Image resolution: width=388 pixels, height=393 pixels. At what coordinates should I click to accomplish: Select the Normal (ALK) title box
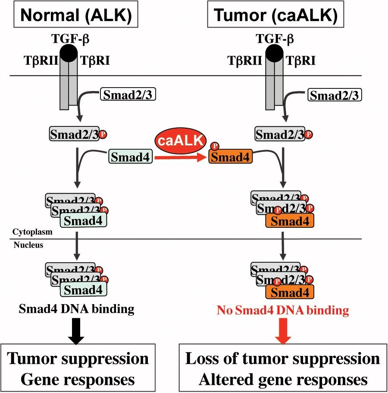tap(76, 15)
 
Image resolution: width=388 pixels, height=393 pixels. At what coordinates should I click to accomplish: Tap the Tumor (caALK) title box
tap(275, 14)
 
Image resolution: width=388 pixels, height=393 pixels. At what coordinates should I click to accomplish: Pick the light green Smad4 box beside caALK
tap(131, 157)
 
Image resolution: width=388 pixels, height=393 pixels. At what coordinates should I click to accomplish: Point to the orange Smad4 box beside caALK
tap(231, 157)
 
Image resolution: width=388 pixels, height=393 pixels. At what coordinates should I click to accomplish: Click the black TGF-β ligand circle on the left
tap(69, 53)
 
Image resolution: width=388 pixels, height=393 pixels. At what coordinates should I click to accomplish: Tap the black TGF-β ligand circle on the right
tap(274, 53)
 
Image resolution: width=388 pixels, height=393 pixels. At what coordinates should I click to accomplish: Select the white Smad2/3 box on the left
tap(128, 94)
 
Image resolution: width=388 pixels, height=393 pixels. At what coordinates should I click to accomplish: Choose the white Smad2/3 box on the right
tap(335, 95)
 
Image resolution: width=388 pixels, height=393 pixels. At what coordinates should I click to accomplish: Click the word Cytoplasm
tap(33, 232)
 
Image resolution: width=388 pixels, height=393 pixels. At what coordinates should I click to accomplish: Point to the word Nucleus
tap(28, 245)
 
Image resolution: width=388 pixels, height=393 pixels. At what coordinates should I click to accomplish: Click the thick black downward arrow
tap(76, 331)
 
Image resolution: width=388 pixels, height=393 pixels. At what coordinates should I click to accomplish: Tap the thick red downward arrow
tap(283, 331)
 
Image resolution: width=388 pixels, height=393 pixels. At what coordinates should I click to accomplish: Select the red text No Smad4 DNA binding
tap(283, 310)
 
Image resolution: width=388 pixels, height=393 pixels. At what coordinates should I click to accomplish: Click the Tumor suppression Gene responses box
tap(78, 368)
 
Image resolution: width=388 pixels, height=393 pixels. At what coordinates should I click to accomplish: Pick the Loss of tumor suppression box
tap(283, 368)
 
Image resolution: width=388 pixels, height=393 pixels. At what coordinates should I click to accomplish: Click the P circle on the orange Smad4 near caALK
tap(215, 146)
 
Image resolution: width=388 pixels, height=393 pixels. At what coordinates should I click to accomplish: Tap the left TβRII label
tap(41, 61)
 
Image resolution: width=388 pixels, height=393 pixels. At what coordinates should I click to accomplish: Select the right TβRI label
tap(300, 61)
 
